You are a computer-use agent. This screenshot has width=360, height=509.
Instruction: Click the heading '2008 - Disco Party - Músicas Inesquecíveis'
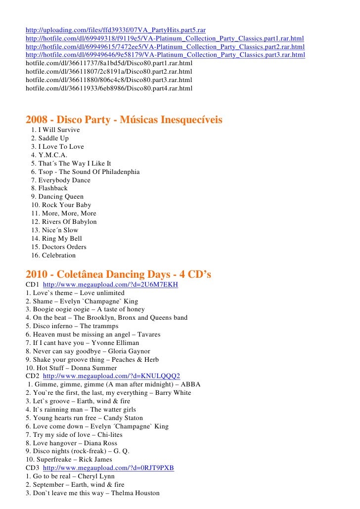point(124,120)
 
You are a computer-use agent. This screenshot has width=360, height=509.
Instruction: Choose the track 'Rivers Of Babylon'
point(69,222)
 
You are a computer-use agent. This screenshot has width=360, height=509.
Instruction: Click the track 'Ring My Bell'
point(61,239)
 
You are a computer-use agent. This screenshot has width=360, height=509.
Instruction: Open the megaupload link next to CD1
point(110,285)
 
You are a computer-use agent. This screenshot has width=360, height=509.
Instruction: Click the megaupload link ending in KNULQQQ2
point(111,376)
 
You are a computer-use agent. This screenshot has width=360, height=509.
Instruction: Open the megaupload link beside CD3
point(108,468)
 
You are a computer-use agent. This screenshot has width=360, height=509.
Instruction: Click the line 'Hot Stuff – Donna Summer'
point(71,368)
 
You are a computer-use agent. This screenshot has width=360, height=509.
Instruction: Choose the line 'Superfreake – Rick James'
point(69,460)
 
